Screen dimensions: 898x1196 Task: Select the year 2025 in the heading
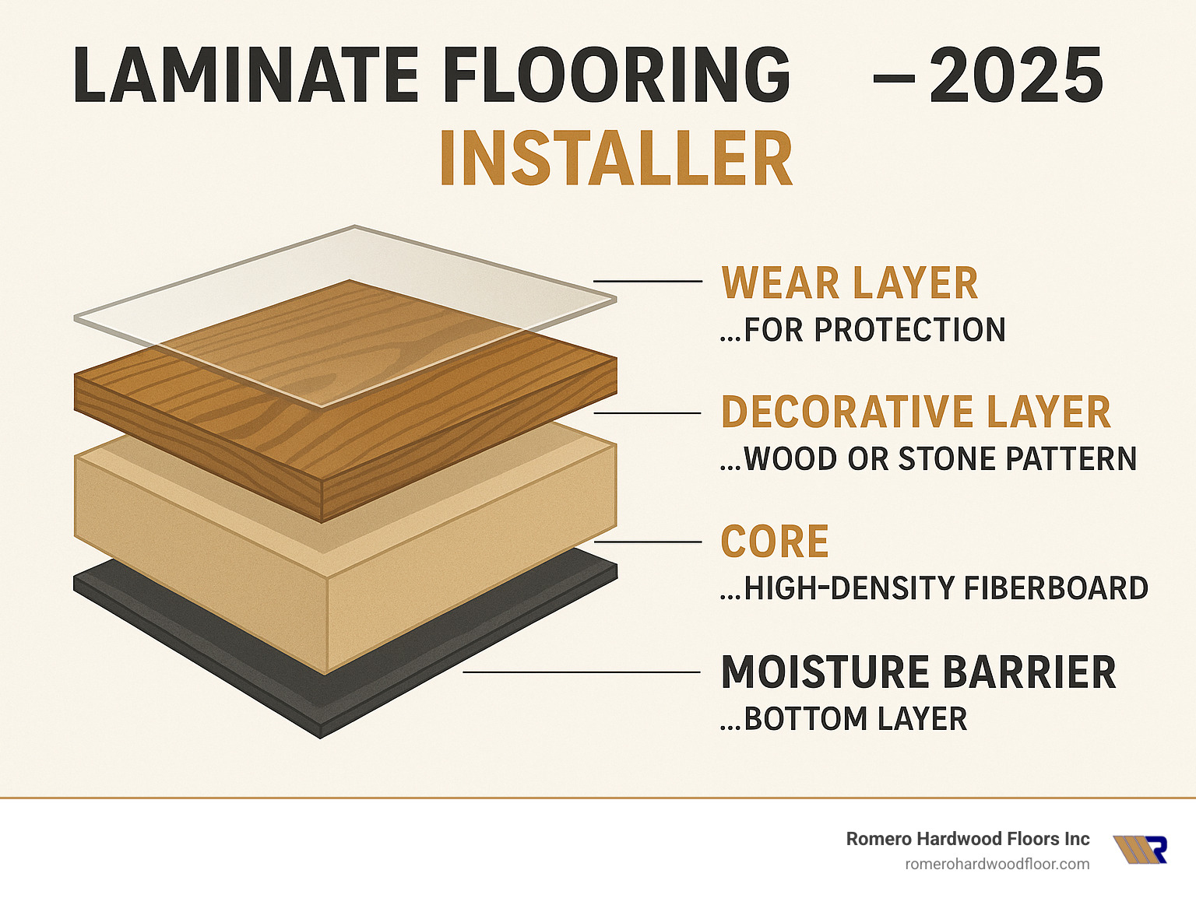[x=1015, y=75]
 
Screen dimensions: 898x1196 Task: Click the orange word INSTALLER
[x=616, y=159]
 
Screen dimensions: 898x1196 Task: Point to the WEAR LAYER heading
[x=850, y=283]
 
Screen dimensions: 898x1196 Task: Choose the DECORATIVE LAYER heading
[x=916, y=412]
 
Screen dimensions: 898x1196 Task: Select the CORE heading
[x=775, y=542]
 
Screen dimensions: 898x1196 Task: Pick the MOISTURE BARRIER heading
[x=919, y=672]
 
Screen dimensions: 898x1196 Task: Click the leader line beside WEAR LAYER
[x=648, y=281]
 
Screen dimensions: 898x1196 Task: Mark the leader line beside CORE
[x=648, y=541]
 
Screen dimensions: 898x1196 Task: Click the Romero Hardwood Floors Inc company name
[x=968, y=839]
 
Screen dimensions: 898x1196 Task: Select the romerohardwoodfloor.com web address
[x=997, y=864]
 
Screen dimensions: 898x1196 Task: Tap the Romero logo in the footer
[x=1140, y=850]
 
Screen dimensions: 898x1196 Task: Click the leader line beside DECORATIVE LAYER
[x=648, y=413]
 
